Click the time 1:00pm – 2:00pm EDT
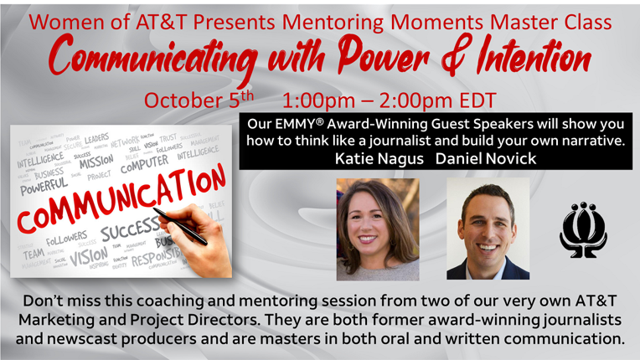[390, 100]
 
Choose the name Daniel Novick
[483, 158]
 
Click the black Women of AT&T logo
[583, 226]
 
